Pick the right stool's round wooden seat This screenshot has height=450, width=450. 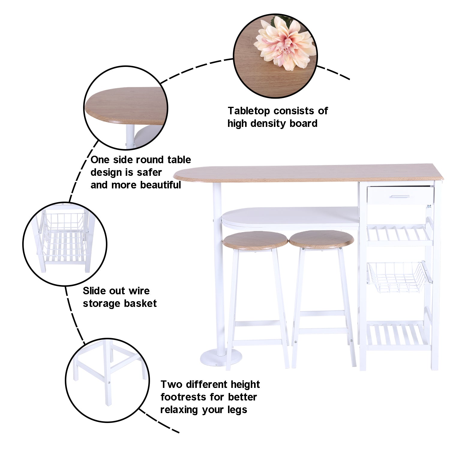tap(321, 239)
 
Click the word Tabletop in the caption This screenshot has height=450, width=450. tap(249, 111)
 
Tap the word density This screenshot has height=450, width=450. tap(269, 124)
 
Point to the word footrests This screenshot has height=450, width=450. tap(184, 397)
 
